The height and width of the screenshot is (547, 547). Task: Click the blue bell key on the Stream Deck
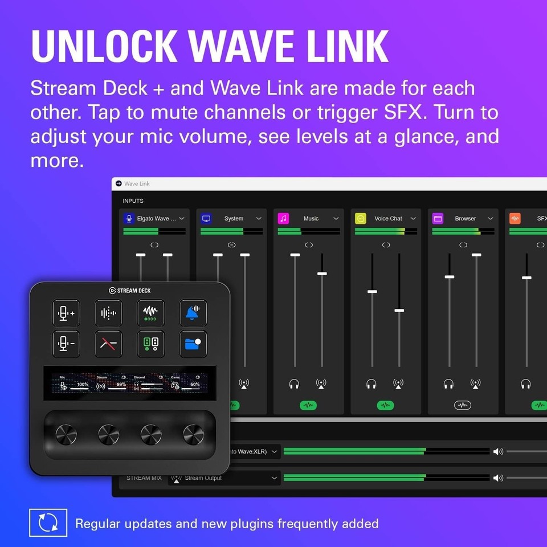pos(193,313)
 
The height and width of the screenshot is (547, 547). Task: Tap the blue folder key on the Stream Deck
pos(193,344)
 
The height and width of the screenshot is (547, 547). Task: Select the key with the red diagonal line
pos(108,344)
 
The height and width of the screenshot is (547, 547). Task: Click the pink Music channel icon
pos(283,218)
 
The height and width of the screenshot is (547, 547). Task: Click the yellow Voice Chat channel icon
pos(361,218)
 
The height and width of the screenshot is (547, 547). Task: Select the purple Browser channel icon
pos(438,218)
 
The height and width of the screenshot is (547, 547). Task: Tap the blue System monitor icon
pos(206,218)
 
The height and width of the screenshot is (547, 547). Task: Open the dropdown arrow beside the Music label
pos(336,218)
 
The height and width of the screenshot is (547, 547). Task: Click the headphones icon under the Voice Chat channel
pos(372,384)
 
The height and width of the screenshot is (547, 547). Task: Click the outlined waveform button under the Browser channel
pos(463,405)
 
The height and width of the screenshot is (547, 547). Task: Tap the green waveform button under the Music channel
pos(308,405)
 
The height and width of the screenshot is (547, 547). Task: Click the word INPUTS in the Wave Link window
pos(133,201)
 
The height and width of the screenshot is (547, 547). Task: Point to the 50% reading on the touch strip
pos(195,385)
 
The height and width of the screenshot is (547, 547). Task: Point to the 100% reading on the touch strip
pos(83,385)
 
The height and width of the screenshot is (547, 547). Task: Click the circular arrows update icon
pos(48,523)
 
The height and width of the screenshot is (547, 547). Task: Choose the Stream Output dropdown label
pos(203,478)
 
